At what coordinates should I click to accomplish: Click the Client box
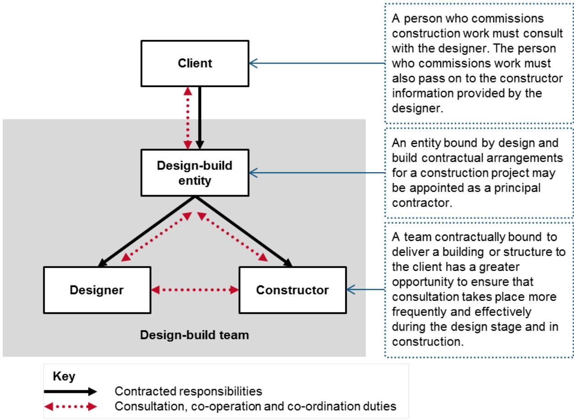pyautogui.click(x=195, y=63)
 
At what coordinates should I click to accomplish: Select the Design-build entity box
pyautogui.click(x=195, y=173)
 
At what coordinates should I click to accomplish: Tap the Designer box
pyautogui.click(x=97, y=290)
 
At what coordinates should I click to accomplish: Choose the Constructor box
pyautogui.click(x=292, y=290)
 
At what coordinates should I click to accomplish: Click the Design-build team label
pyautogui.click(x=194, y=335)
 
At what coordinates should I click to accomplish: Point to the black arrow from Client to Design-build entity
pyautogui.click(x=199, y=117)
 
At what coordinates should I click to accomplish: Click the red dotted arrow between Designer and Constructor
pyautogui.click(x=195, y=290)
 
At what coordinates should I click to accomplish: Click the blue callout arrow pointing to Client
pyautogui.click(x=316, y=63)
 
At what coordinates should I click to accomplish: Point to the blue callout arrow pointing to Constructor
pyautogui.click(x=365, y=289)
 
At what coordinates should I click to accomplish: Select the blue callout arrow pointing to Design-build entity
pyautogui.click(x=316, y=173)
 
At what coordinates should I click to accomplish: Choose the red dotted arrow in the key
pyautogui.click(x=71, y=406)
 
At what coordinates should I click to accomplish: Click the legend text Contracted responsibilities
pyautogui.click(x=188, y=392)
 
